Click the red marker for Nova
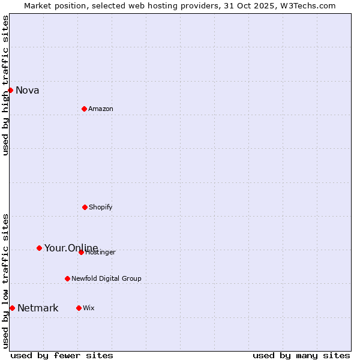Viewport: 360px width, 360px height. tap(10, 90)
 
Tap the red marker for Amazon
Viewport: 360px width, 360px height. tap(84, 109)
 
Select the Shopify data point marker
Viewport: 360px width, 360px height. tap(85, 207)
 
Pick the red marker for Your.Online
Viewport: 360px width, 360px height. tap(39, 248)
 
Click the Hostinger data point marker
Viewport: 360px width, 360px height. tap(81, 252)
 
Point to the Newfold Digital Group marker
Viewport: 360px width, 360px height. tap(67, 278)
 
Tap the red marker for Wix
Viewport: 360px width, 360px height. tap(79, 308)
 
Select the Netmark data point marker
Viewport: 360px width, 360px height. tap(12, 308)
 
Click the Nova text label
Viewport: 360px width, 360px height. tap(28, 91)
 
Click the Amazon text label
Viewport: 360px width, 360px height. tap(101, 109)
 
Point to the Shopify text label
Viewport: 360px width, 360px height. tap(101, 208)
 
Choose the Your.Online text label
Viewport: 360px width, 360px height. tap(71, 248)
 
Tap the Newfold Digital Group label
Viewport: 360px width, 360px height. tap(106, 279)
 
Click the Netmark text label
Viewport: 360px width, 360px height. tap(38, 308)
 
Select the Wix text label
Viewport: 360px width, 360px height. tap(89, 308)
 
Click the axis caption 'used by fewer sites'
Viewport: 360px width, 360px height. tap(62, 356)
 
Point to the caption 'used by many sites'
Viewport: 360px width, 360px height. tap(301, 356)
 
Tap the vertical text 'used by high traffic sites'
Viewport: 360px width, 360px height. tap(6, 85)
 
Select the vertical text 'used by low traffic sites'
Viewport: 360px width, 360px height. tap(6, 281)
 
